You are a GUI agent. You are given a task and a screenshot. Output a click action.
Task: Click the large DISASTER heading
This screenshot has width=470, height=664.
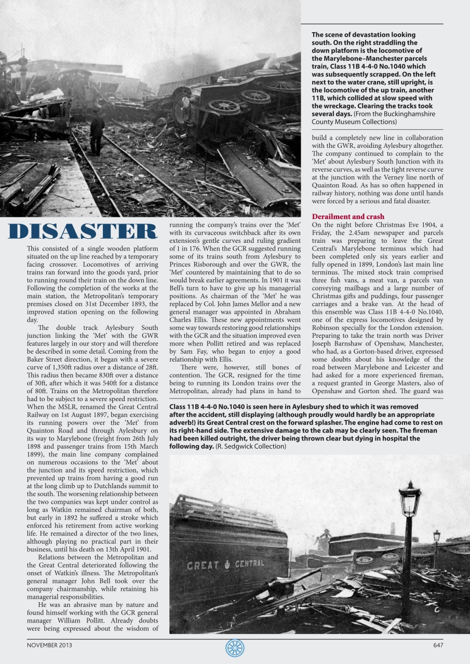click(83, 232)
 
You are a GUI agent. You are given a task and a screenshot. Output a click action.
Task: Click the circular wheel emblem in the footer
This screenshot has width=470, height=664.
click(235, 648)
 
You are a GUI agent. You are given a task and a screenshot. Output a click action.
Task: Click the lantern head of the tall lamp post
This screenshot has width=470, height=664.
click(410, 499)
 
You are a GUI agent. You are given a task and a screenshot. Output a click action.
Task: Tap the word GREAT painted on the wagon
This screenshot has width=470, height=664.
click(204, 565)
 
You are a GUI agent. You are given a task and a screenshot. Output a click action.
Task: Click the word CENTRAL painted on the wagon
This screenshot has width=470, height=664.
click(249, 564)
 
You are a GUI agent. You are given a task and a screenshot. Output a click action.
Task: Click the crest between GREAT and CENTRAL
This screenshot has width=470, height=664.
click(226, 564)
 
